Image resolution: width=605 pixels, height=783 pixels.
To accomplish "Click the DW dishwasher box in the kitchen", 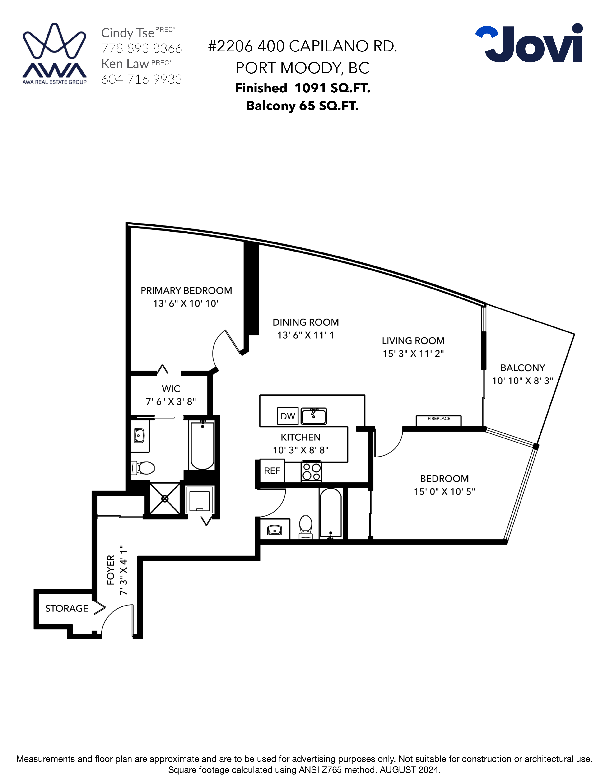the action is coord(288,416).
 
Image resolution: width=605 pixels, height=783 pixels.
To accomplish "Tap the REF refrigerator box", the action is coord(272,471).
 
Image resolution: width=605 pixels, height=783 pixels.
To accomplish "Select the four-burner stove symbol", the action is coord(311,472).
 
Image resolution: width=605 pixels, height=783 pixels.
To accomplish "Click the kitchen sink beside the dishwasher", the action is coord(314,416).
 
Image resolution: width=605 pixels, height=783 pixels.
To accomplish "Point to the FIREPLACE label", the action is coord(439,418).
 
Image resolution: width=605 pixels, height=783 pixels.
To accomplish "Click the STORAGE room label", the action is coord(67,608).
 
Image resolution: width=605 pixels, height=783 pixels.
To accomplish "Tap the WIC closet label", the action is coord(171,389).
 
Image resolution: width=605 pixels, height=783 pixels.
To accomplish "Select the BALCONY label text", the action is coord(523,368).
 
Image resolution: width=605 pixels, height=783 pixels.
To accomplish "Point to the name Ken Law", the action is coord(125,64).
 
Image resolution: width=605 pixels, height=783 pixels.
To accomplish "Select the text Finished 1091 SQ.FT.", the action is coord(302,88).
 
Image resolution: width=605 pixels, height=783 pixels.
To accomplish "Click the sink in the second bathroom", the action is coord(275,530).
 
